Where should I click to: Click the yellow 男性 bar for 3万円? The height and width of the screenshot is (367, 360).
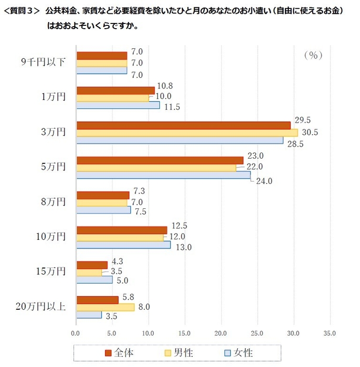(187, 132)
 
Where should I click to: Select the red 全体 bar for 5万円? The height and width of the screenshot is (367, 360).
(159, 161)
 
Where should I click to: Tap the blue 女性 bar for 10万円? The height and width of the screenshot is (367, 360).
(123, 245)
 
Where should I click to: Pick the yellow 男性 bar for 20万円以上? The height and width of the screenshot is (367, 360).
(105, 307)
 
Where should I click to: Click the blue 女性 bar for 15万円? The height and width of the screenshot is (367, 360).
(95, 280)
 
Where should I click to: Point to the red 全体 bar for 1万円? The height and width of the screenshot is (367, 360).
(116, 90)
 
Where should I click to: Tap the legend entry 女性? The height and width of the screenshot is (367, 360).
(239, 353)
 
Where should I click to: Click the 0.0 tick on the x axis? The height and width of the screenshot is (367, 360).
(76, 333)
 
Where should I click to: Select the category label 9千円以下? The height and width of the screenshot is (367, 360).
(43, 62)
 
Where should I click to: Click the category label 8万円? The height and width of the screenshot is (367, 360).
(53, 202)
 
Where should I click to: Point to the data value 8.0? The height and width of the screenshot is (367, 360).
(144, 307)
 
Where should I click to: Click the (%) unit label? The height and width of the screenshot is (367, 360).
(313, 55)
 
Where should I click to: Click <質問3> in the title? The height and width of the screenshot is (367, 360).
(22, 11)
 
